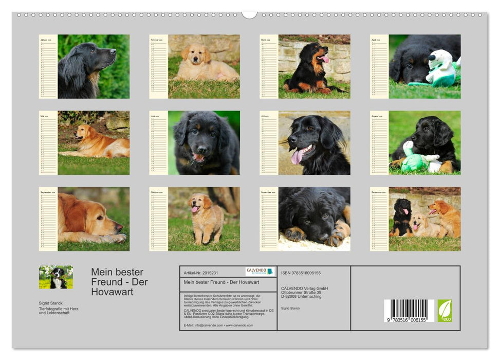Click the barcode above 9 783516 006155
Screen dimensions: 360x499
[x=409, y=310]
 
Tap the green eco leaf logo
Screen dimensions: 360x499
[x=445, y=311]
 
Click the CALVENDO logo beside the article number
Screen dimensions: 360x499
[x=260, y=271]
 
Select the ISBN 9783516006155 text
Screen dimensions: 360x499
[x=301, y=273]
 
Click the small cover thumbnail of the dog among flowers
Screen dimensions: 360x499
[x=56, y=277]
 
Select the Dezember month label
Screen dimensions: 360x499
[x=377, y=192]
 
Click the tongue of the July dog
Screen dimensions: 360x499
[x=298, y=156]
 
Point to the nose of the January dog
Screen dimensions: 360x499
[x=114, y=51]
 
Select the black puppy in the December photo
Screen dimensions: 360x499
[x=401, y=216]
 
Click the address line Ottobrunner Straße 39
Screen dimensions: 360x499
[x=304, y=292]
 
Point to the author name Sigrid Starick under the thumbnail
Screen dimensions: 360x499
[x=50, y=303]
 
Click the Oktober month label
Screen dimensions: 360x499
[x=156, y=192]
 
